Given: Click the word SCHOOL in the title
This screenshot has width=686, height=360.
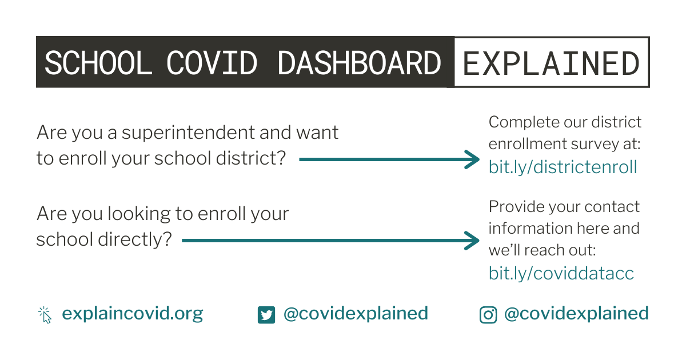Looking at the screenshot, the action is (x=98, y=63).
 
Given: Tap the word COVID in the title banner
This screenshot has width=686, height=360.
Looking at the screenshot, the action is (x=212, y=63).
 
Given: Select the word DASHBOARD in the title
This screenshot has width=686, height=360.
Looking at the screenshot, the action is (x=359, y=63).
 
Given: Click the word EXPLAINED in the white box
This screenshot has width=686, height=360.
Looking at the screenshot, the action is (x=551, y=63).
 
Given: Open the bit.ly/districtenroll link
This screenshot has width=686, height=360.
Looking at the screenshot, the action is (x=563, y=167).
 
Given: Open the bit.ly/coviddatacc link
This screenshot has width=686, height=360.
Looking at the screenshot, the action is (x=561, y=273).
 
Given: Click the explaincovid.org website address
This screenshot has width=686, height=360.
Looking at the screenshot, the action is (x=133, y=314).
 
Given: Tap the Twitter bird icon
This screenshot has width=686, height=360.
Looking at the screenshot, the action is (x=266, y=315).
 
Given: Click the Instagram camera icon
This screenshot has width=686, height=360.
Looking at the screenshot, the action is (x=488, y=315).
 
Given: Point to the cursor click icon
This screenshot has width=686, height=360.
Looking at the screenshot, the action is (x=45, y=315).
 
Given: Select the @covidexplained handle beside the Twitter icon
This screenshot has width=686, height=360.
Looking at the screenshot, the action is (x=356, y=314).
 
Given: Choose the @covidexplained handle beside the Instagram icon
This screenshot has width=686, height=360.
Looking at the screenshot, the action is (x=577, y=314).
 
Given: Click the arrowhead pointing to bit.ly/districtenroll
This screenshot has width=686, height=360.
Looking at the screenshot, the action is (x=472, y=159).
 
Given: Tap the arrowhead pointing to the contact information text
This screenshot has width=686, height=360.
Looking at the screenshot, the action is (x=472, y=241).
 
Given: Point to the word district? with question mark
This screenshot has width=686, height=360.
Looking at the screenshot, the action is (x=251, y=158).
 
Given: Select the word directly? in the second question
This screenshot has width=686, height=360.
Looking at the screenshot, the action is (x=135, y=239).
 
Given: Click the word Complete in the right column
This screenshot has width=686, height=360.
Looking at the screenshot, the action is (x=524, y=122).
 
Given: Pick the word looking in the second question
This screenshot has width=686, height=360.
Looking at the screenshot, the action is (x=139, y=214).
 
